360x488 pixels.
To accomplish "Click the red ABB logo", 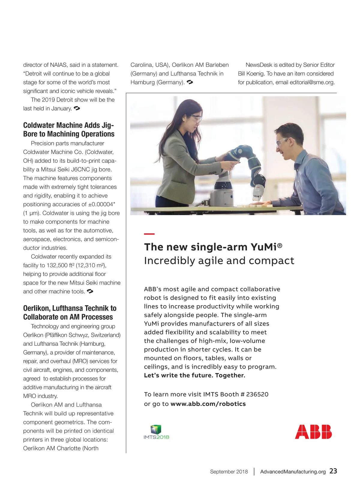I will (313, 432).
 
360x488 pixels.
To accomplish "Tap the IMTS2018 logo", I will (156, 432).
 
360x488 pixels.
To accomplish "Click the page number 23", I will (333, 471).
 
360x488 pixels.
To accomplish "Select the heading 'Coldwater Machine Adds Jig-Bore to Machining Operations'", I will (69, 129).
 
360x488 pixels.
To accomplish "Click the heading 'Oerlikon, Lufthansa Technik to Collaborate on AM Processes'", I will (70, 313).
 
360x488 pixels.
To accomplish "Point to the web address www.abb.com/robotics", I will (208, 404).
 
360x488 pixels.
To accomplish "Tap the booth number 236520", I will (257, 394).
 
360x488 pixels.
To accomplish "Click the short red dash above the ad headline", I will (149, 234).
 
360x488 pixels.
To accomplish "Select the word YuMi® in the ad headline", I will (266, 247).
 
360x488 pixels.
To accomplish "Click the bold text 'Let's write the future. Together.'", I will (194, 375).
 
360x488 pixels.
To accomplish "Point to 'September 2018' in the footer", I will (229, 471).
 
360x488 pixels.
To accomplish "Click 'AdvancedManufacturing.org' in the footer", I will (293, 471).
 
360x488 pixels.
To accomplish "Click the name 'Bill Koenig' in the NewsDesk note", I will (251, 74).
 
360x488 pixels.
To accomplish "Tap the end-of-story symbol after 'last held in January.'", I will (76, 108).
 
